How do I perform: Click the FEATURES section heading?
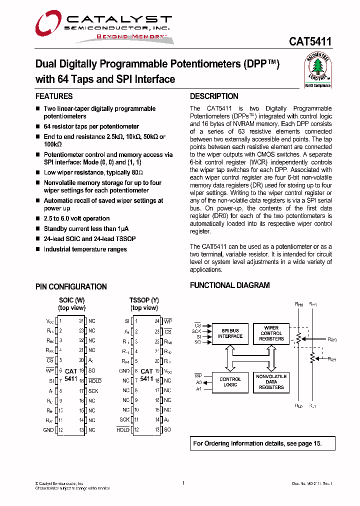click(54, 96)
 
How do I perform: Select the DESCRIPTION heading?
click(214, 96)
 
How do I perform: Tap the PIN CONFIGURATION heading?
click(71, 286)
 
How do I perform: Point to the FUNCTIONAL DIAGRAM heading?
click(229, 285)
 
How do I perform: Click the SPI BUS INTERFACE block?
click(230, 333)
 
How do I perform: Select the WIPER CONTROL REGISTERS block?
click(271, 333)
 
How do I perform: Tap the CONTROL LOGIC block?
click(230, 382)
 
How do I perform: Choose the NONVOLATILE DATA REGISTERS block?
click(271, 382)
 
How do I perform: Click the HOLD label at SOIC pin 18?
click(95, 381)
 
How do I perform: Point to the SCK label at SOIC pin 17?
click(93, 390)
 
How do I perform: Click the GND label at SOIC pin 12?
click(48, 430)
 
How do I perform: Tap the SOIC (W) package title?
click(72, 300)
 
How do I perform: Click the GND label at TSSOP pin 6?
click(124, 371)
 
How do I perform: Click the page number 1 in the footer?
click(183, 483)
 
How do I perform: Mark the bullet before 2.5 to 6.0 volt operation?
click(37, 219)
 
